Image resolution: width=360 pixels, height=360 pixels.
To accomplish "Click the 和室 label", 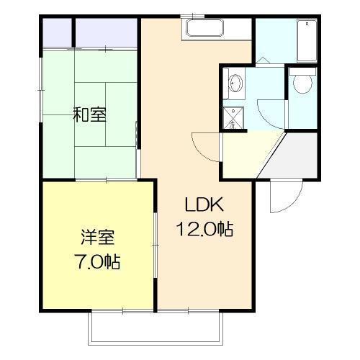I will pyautogui.click(x=90, y=114).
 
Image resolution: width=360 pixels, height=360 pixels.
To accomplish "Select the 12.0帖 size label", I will pyautogui.click(x=204, y=230).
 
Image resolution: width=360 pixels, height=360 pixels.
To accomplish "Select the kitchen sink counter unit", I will pyautogui.click(x=206, y=30).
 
